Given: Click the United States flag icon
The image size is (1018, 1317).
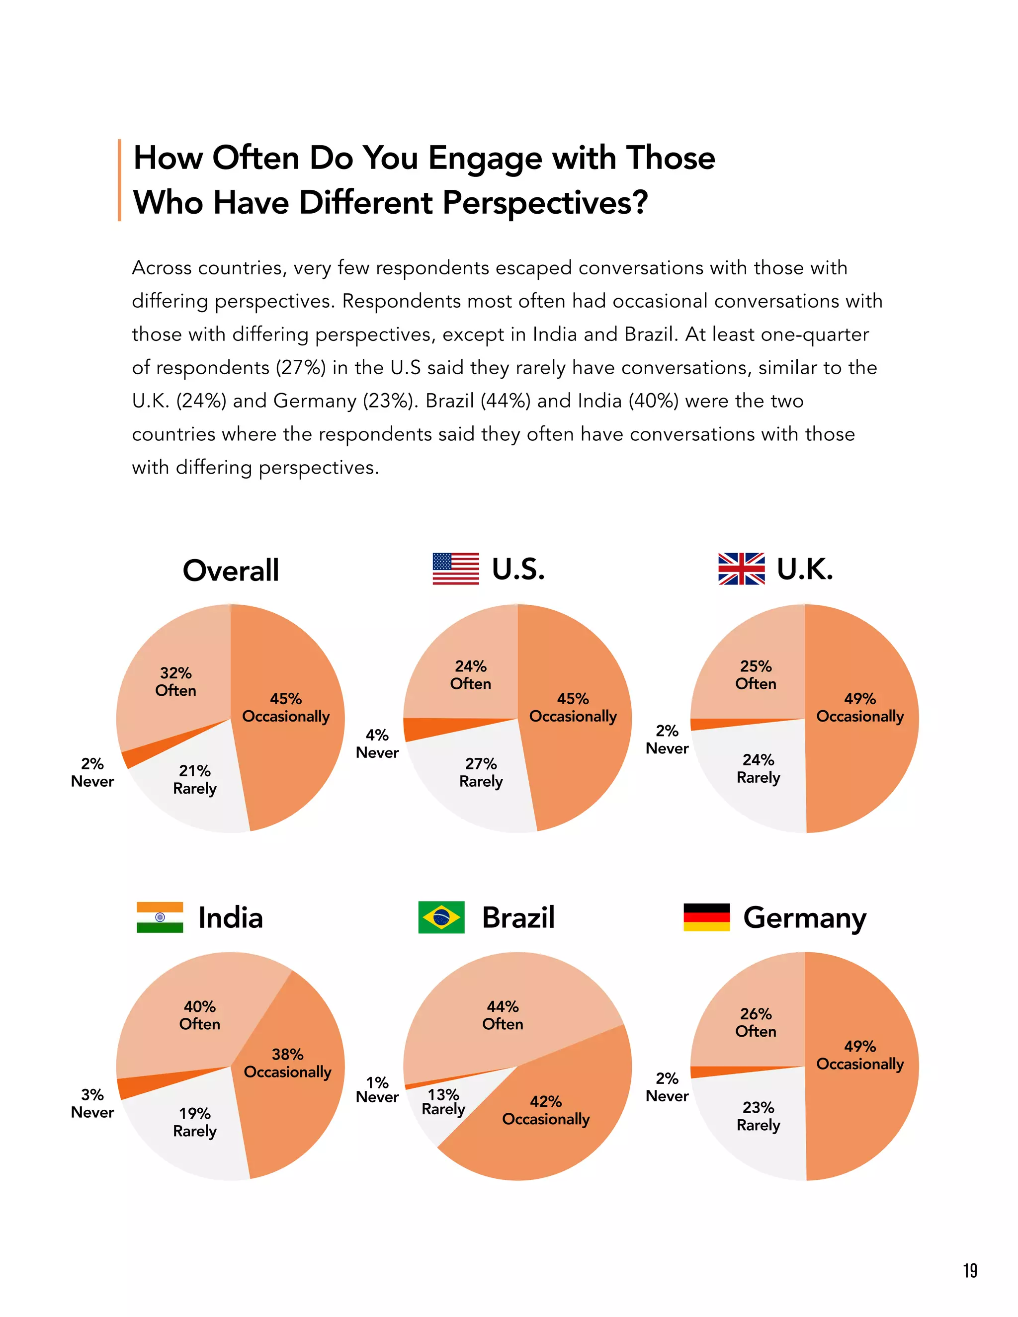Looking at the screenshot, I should point(455,569).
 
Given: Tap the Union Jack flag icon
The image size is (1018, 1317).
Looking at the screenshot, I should point(741,569).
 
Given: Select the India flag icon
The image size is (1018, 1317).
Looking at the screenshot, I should point(160,917).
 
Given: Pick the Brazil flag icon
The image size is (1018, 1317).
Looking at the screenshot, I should point(441,917).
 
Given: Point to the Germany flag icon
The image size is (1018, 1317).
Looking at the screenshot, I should point(706,917).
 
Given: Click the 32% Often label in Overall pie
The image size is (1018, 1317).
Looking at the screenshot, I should point(175,681).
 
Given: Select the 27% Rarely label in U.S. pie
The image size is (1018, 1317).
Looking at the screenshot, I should point(481,772).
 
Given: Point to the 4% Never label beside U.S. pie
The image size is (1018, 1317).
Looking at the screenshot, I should point(377,743).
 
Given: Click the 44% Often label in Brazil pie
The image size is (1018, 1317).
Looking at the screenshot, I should point(503,1015).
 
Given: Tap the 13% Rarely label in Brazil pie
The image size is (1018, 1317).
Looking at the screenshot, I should point(443,1102).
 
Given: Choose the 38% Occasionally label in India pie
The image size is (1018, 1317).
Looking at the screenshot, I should point(287,1063).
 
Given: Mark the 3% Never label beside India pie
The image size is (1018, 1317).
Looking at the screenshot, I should point(92,1103).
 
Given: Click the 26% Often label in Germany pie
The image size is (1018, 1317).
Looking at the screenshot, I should point(756,1022).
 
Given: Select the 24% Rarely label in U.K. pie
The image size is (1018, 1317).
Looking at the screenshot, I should point(758,768).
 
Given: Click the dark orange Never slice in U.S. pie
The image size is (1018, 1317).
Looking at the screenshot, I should point(422,729).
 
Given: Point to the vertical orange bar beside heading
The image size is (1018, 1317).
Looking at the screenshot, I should point(119,180).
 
